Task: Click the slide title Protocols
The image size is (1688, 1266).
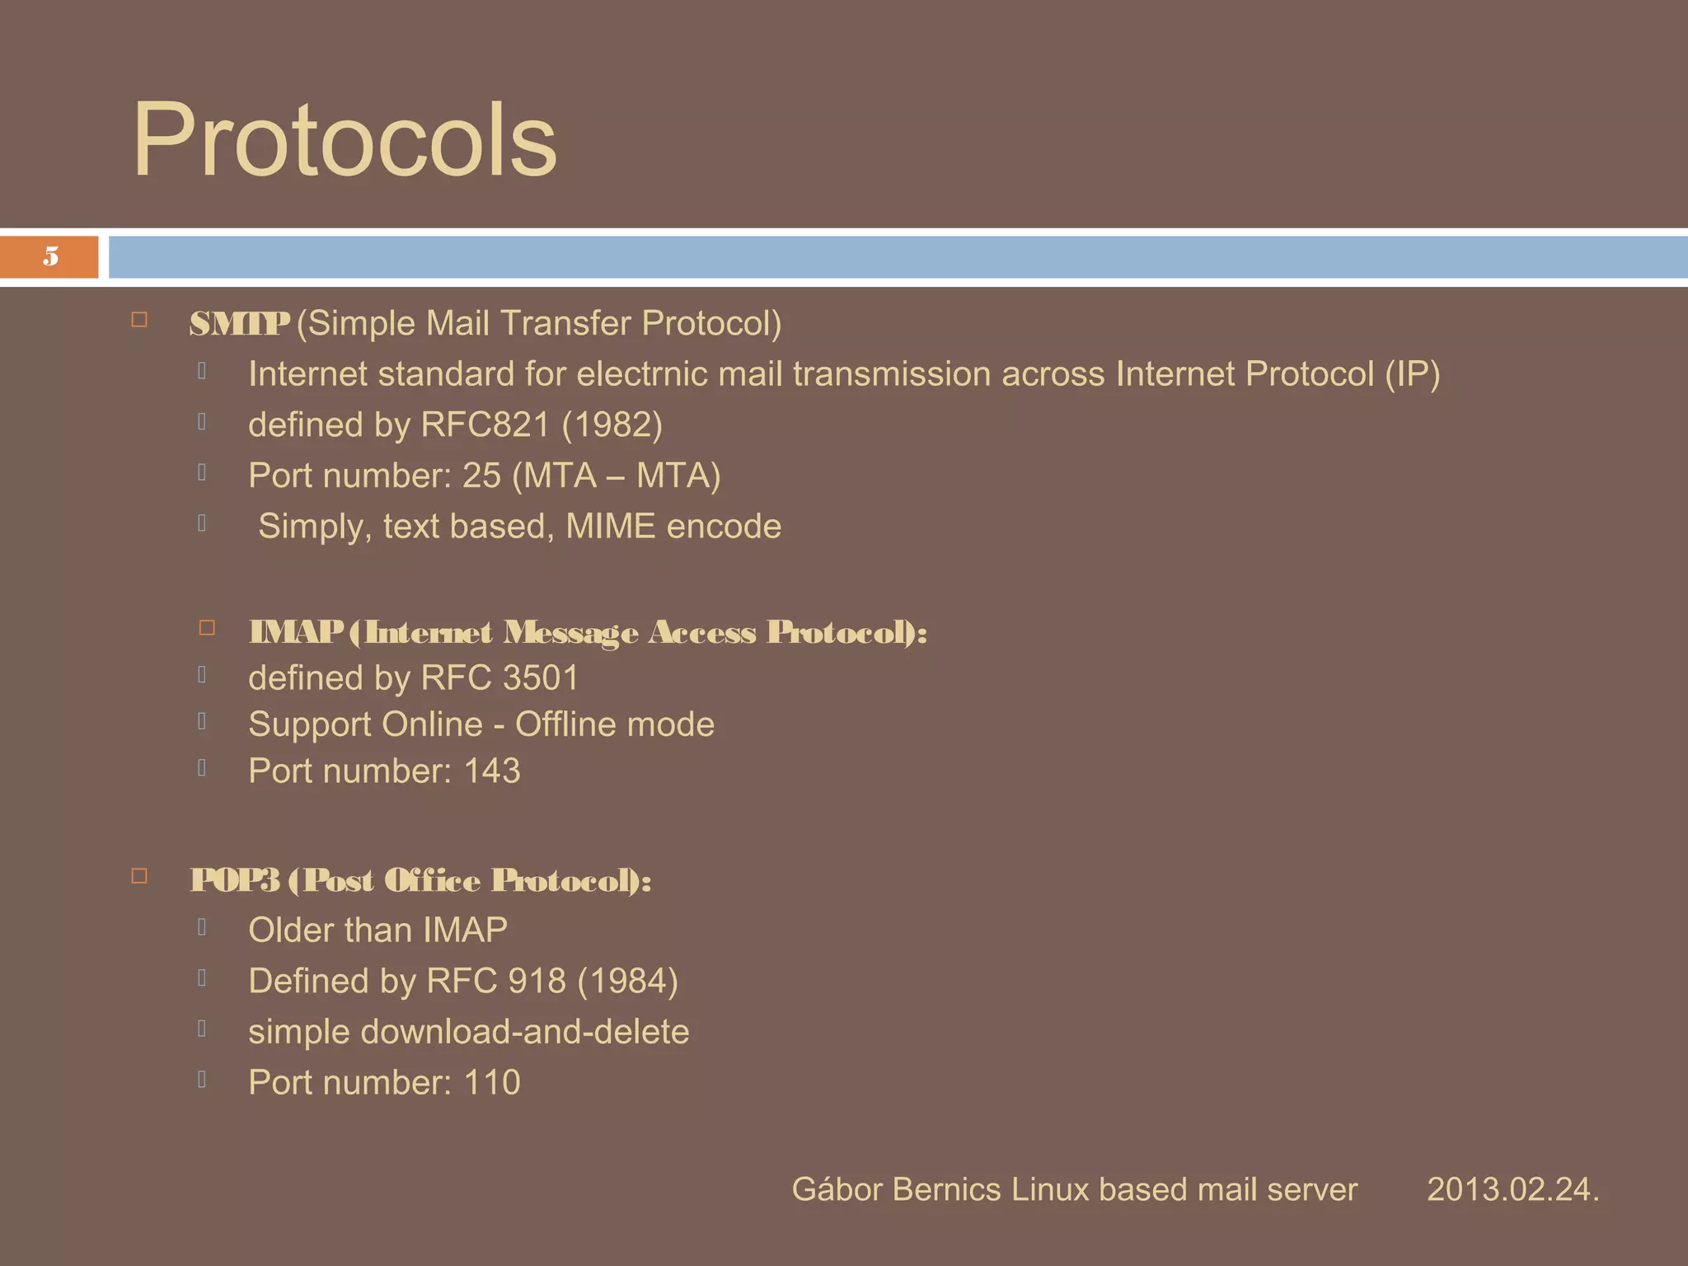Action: tap(345, 140)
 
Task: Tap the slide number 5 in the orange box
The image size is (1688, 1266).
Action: tap(51, 256)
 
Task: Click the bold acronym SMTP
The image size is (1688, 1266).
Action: tap(239, 323)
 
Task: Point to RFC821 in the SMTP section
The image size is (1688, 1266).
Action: tap(485, 425)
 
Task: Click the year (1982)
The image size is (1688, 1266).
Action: tap(612, 425)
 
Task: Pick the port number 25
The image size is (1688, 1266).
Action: tap(481, 476)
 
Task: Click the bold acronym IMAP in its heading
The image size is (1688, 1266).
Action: tap(295, 632)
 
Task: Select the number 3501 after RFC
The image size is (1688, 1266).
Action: tap(541, 678)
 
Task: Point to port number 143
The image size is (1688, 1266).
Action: tap(491, 771)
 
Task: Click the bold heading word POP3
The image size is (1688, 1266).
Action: tap(235, 880)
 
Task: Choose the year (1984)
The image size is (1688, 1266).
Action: tap(627, 982)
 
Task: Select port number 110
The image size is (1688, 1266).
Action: tap(491, 1083)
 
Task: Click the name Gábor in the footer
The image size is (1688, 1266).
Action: tap(837, 1189)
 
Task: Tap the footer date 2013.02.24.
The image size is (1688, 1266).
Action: tap(1512, 1189)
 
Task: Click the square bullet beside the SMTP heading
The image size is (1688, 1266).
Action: tap(139, 320)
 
